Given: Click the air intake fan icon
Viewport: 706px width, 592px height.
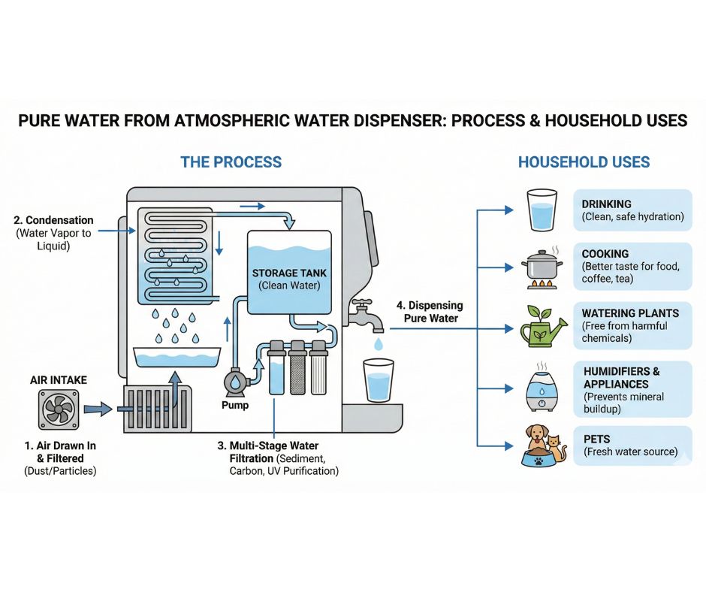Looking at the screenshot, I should pyautogui.click(x=59, y=410).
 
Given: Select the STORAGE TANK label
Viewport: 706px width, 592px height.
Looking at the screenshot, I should pyautogui.click(x=289, y=272).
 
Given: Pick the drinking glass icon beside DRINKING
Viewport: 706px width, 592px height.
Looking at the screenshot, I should pyautogui.click(x=541, y=210).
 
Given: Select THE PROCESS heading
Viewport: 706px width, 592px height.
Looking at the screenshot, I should pyautogui.click(x=231, y=162).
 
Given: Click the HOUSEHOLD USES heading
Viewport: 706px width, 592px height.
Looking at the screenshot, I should pyautogui.click(x=584, y=162).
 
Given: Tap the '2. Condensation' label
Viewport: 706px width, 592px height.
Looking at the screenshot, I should pyautogui.click(x=53, y=220).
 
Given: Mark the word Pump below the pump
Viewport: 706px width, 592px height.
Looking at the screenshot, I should pyautogui.click(x=234, y=406).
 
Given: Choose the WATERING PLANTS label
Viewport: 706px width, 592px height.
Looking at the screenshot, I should pyautogui.click(x=630, y=313).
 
